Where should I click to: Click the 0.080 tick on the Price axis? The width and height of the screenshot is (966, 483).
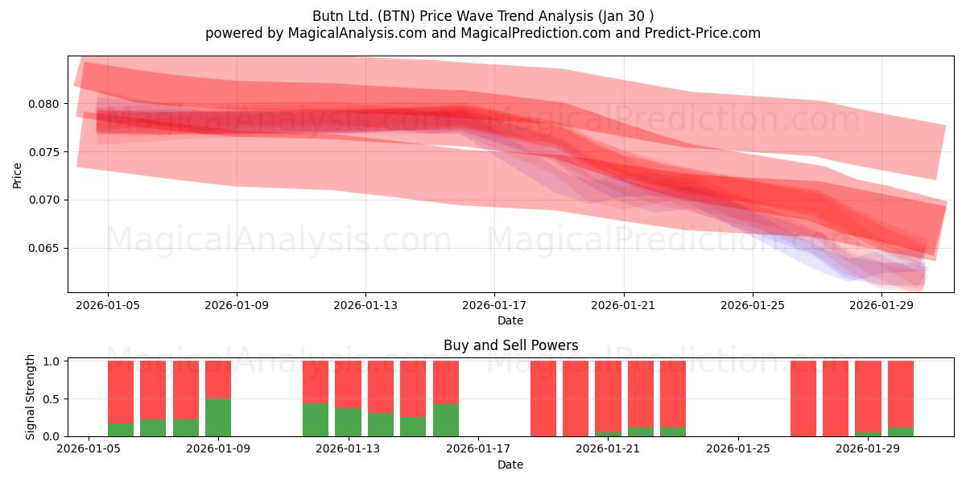click(x=43, y=104)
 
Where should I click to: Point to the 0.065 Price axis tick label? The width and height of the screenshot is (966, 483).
click(x=43, y=249)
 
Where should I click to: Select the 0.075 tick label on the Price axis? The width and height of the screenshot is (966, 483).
click(x=43, y=152)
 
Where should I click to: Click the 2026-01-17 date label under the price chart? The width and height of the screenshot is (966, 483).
click(x=494, y=305)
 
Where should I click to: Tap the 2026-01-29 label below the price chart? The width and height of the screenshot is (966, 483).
click(x=881, y=305)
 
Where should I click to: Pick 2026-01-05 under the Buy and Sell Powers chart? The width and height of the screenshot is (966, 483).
click(x=89, y=448)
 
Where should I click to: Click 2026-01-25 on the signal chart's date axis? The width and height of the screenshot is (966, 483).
click(x=738, y=448)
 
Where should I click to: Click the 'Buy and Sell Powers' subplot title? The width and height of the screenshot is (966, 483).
click(x=510, y=345)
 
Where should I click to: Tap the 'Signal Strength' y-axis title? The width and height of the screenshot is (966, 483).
click(x=30, y=397)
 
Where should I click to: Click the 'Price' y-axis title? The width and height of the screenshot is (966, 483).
click(x=17, y=175)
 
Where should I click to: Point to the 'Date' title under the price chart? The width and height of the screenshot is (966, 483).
click(x=510, y=320)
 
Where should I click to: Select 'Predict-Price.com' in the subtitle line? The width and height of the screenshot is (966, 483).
click(x=703, y=33)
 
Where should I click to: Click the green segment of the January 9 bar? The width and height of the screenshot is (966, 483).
click(x=218, y=418)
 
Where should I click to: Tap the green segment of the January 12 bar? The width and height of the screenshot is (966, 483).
click(x=316, y=419)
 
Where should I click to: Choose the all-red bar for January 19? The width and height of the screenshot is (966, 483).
click(x=543, y=398)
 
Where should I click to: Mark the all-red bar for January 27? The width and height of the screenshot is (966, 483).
click(x=803, y=398)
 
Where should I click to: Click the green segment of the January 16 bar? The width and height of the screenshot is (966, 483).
click(x=446, y=420)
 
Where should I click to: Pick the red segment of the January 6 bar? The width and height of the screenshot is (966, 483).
click(x=121, y=392)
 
